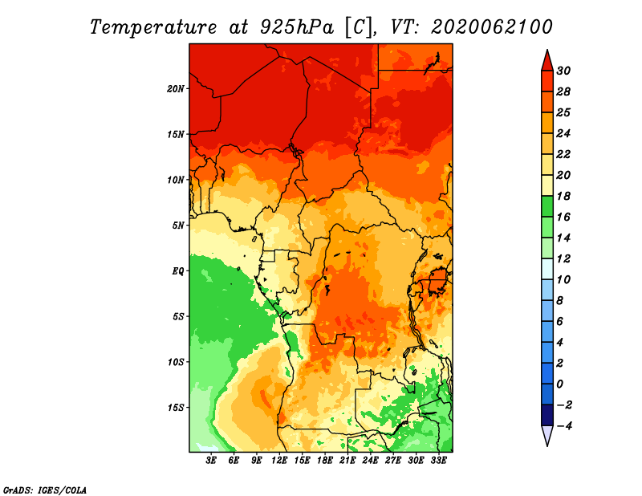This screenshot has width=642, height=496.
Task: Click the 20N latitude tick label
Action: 176,89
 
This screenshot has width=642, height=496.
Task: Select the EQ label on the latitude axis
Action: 177,271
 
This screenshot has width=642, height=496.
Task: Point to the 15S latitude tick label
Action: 176,408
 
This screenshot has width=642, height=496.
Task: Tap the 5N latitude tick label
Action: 178,226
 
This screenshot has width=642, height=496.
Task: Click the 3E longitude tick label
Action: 211,461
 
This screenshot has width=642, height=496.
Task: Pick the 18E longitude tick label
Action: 325,461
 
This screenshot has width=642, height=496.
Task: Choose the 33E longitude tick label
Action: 438,461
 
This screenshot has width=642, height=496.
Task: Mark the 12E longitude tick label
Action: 279,461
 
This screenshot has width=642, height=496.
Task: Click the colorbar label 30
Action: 563,71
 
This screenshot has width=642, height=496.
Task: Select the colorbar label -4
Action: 564,426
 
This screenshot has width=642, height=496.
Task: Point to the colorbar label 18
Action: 563,196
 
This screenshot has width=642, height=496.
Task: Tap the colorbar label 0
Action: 560,384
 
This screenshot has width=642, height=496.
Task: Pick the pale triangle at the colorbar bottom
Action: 547,434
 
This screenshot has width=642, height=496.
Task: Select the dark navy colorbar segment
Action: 547,415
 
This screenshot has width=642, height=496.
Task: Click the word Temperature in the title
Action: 153,27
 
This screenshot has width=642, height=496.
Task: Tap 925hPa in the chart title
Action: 297,27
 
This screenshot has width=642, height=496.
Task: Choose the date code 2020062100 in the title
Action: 492,27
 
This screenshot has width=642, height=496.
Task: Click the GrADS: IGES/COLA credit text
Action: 45,490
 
